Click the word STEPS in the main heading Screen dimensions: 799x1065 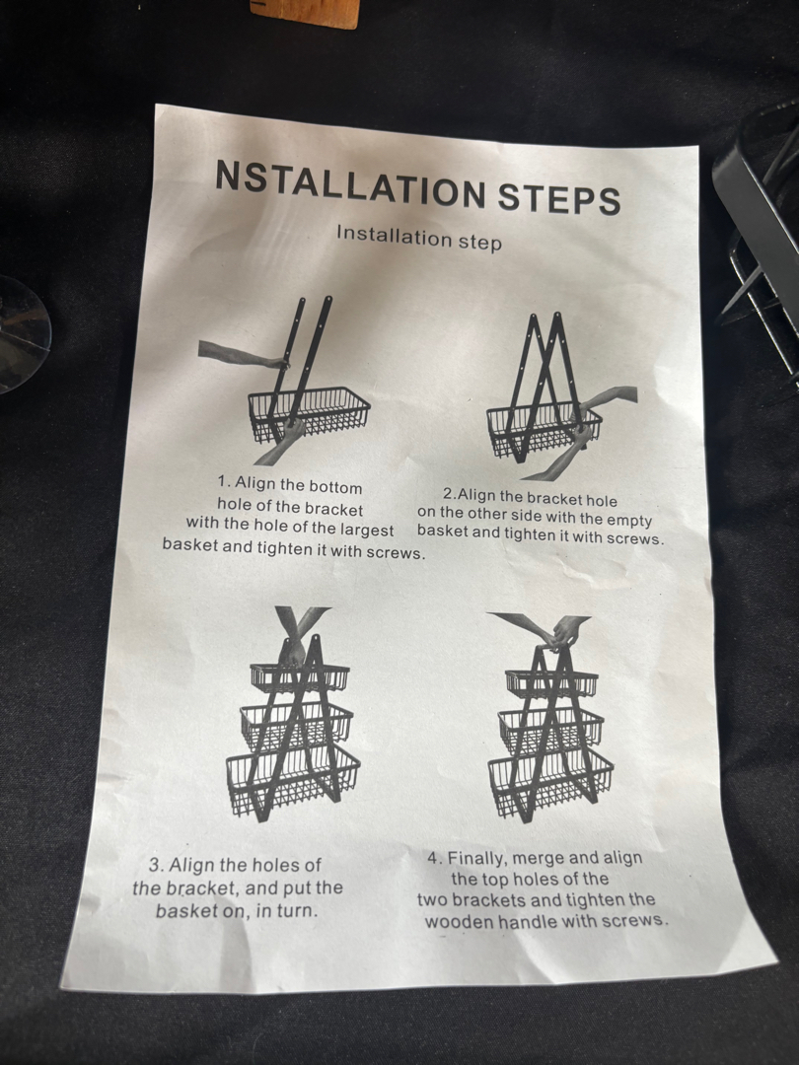(x=559, y=198)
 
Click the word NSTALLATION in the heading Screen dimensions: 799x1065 (x=350, y=184)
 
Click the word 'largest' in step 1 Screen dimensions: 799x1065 (x=367, y=530)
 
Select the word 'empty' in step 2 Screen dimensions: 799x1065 (x=629, y=521)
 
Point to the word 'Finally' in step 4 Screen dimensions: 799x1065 (x=476, y=859)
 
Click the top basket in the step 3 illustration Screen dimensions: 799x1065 (x=300, y=677)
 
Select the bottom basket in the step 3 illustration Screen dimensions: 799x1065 (x=293, y=780)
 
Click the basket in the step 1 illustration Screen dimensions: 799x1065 (x=309, y=413)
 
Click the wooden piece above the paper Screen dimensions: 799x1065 (x=305, y=13)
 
